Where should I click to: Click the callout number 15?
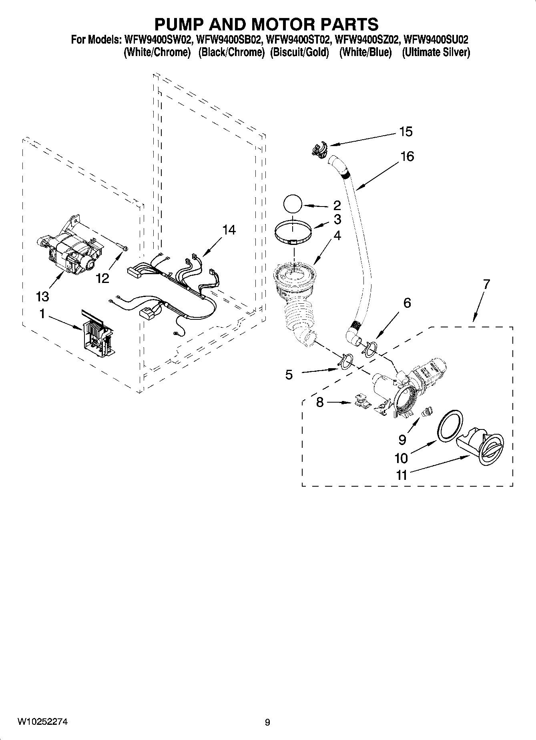click(406, 132)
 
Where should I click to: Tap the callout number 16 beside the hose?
click(407, 156)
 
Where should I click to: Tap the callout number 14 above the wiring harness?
click(229, 230)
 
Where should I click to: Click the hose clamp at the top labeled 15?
click(319, 148)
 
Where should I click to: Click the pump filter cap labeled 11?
click(483, 448)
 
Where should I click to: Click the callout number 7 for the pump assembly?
click(486, 285)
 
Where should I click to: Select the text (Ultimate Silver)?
click(436, 52)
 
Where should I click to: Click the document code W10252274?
click(42, 722)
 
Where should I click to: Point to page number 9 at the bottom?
click(267, 722)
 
